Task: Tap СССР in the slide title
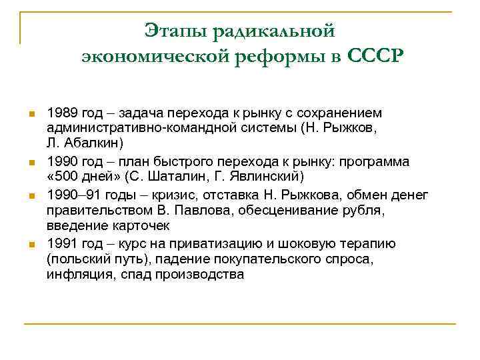coord(375,56)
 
